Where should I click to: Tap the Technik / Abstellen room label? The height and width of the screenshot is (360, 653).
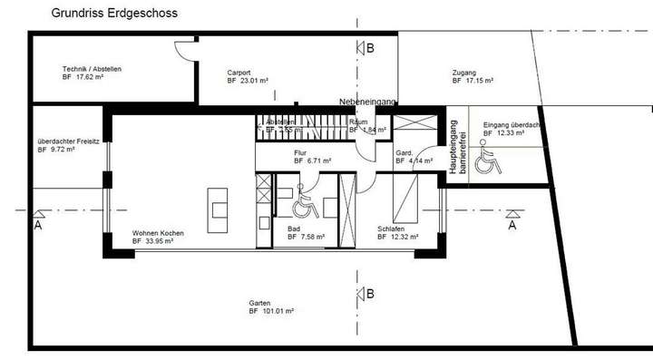click(92, 70)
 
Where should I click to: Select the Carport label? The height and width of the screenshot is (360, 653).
click(239, 73)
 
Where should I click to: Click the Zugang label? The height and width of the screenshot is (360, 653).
click(463, 73)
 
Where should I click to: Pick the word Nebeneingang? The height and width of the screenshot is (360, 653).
click(367, 102)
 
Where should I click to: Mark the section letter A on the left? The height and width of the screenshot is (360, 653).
click(37, 224)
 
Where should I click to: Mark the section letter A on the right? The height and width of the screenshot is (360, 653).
click(512, 224)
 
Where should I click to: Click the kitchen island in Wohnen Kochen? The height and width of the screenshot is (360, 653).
click(219, 204)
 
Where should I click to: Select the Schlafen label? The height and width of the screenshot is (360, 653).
click(391, 229)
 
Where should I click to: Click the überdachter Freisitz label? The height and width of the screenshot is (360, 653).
click(69, 141)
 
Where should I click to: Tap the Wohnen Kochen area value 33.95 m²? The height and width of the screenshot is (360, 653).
click(165, 242)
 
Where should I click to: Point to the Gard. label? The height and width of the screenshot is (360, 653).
click(404, 153)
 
